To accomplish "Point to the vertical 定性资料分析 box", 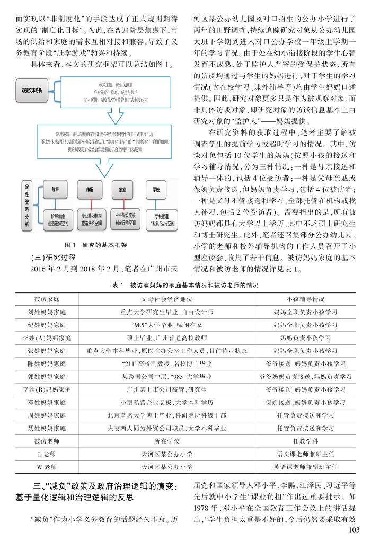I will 28,206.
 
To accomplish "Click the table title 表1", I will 186,285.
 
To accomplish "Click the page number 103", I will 351,530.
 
